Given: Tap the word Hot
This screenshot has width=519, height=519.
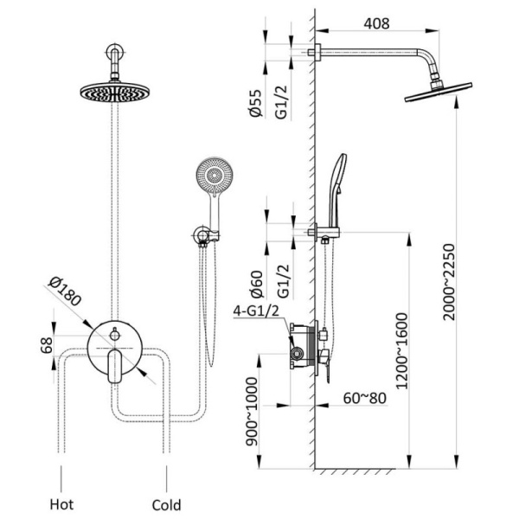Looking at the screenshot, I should pos(61,503).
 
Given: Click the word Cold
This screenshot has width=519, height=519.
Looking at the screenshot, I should pos(166,503).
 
